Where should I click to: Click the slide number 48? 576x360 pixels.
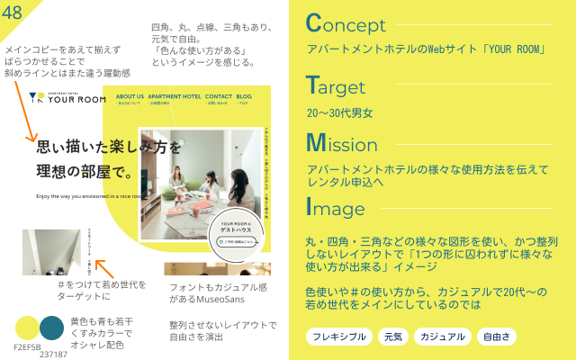[13, 12]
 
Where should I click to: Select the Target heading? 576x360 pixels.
[335, 86]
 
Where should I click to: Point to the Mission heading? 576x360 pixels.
[341, 144]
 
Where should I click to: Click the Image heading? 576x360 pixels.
[335, 208]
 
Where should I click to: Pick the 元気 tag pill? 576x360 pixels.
[392, 337]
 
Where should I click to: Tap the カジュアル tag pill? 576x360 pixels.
[442, 337]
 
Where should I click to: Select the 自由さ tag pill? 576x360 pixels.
[497, 337]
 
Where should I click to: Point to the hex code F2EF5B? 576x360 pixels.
[27, 346]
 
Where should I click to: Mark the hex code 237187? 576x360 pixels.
[53, 354]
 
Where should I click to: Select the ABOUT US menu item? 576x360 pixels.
[130, 96]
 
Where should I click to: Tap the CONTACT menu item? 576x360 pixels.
[219, 96]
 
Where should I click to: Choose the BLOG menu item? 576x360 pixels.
[244, 96]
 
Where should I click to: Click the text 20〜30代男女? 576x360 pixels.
[339, 113]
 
